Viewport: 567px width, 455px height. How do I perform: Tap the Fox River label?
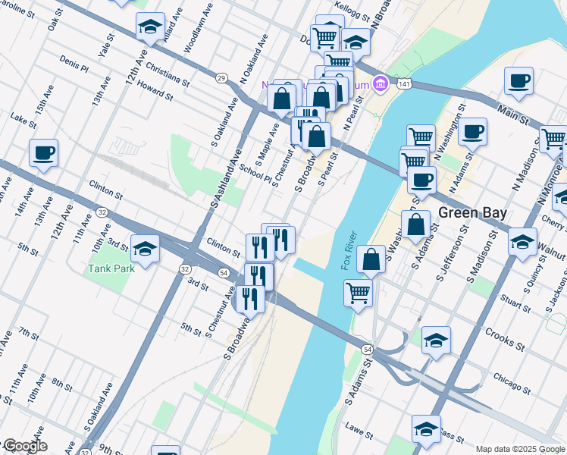349,251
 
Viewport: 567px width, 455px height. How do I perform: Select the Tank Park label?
109,268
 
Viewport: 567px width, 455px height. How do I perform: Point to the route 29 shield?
221,77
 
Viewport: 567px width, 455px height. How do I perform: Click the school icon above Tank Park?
144,248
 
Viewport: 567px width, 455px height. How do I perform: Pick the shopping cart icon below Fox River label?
358,292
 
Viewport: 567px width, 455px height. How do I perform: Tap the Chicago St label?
511,377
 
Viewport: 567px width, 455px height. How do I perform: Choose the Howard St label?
155,92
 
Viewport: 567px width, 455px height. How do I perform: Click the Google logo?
24,446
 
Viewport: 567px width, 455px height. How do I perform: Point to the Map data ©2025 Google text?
519,449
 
